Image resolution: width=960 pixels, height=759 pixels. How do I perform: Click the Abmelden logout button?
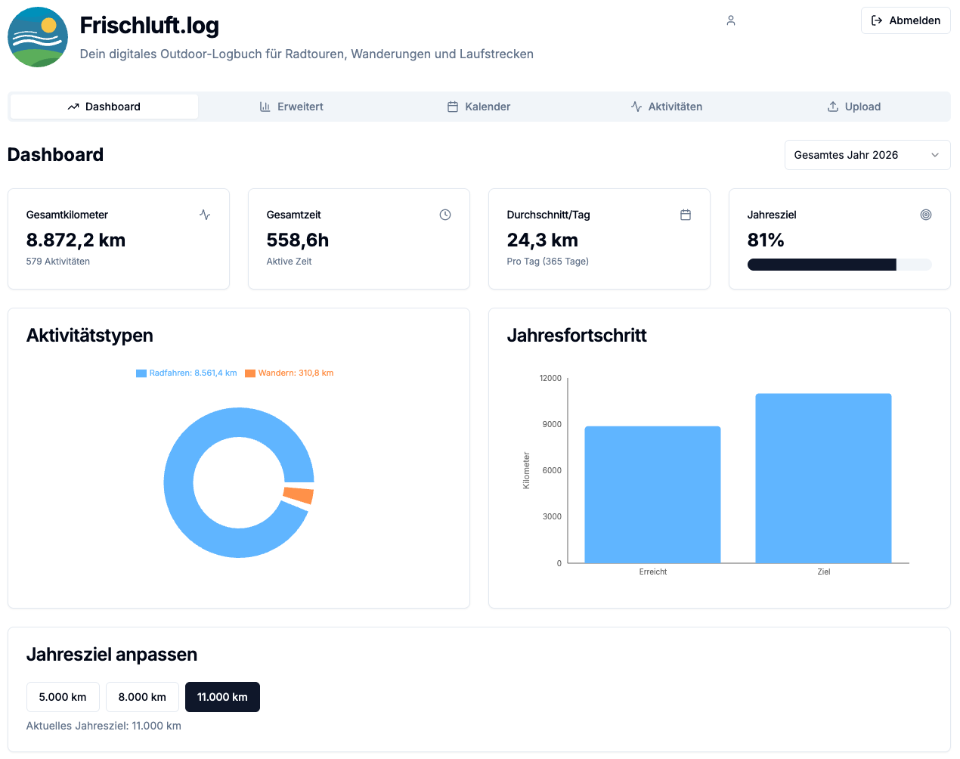click(x=905, y=20)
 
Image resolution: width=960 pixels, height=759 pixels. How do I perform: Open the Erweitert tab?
click(x=291, y=107)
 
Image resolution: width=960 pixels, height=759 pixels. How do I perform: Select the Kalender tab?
click(x=478, y=107)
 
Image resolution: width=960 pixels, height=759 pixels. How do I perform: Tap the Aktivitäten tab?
click(x=667, y=107)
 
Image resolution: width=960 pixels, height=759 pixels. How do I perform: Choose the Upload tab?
click(x=854, y=107)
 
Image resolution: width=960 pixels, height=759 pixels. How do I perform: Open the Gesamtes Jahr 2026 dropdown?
click(x=867, y=155)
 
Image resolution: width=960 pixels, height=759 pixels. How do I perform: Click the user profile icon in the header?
click(x=731, y=20)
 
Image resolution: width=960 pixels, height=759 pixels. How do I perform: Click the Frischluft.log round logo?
click(x=38, y=37)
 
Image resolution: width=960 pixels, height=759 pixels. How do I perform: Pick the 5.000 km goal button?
click(x=63, y=696)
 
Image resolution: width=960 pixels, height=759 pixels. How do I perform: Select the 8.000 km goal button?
click(x=142, y=696)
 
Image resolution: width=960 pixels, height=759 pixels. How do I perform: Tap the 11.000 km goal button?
click(x=222, y=696)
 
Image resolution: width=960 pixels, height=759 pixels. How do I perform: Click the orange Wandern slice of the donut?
click(x=299, y=495)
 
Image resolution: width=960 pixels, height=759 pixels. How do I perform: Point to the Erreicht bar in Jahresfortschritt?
click(x=652, y=494)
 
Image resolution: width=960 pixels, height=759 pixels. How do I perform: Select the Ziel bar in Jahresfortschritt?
click(x=823, y=478)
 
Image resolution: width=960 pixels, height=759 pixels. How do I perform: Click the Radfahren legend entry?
click(x=187, y=373)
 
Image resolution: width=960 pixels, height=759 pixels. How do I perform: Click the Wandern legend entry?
click(x=289, y=373)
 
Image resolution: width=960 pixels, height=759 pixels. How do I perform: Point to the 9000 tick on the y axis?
click(x=552, y=424)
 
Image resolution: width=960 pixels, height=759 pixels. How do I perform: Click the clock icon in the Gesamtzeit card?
click(x=444, y=215)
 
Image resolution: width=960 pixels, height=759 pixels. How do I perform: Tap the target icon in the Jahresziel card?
click(x=926, y=215)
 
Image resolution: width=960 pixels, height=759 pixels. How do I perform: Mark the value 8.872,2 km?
click(x=76, y=240)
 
